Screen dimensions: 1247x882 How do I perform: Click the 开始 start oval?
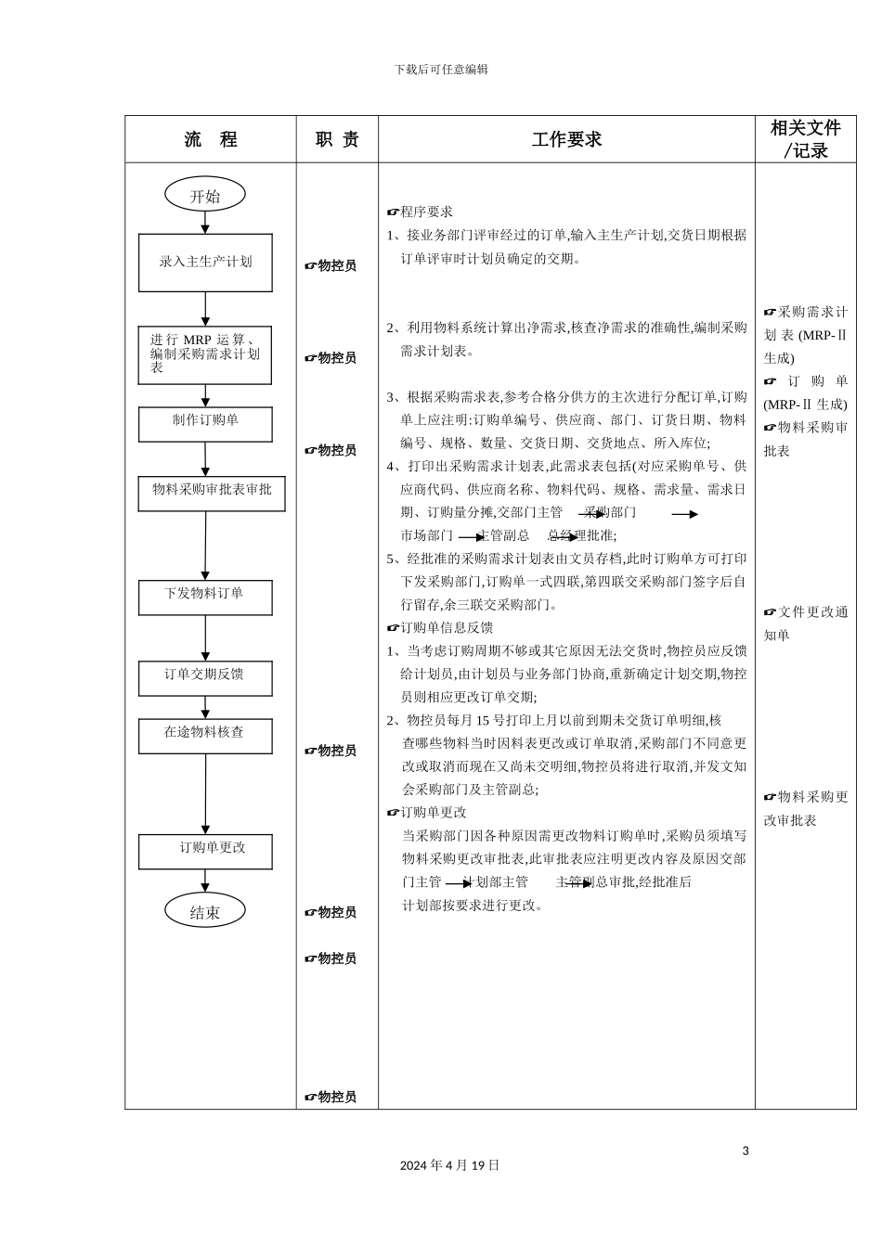click(x=205, y=195)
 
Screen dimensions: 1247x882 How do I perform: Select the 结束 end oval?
click(x=205, y=911)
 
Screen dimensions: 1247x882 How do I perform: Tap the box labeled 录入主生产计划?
click(x=205, y=263)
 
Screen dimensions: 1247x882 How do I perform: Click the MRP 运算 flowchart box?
click(x=205, y=355)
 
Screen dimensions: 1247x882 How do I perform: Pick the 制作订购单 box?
click(x=205, y=424)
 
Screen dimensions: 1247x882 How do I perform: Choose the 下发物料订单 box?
click(x=205, y=598)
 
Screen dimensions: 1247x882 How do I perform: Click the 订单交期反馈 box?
click(x=205, y=678)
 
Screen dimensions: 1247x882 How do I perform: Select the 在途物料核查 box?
click(x=205, y=736)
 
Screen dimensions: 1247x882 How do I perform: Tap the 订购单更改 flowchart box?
click(x=205, y=851)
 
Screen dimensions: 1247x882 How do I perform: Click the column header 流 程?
click(x=211, y=139)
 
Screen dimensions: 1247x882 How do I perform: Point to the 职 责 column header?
click(x=337, y=139)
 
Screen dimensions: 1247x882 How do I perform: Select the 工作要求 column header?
click(x=566, y=139)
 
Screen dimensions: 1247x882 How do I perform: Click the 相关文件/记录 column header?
click(x=805, y=139)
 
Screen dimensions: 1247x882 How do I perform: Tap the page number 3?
click(x=746, y=1151)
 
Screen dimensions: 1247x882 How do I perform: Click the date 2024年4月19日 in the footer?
click(x=449, y=1165)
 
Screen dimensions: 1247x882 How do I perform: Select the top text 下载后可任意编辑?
click(x=441, y=70)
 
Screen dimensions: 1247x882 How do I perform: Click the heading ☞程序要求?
click(x=420, y=212)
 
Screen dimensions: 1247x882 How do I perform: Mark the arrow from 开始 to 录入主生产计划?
click(x=205, y=223)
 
